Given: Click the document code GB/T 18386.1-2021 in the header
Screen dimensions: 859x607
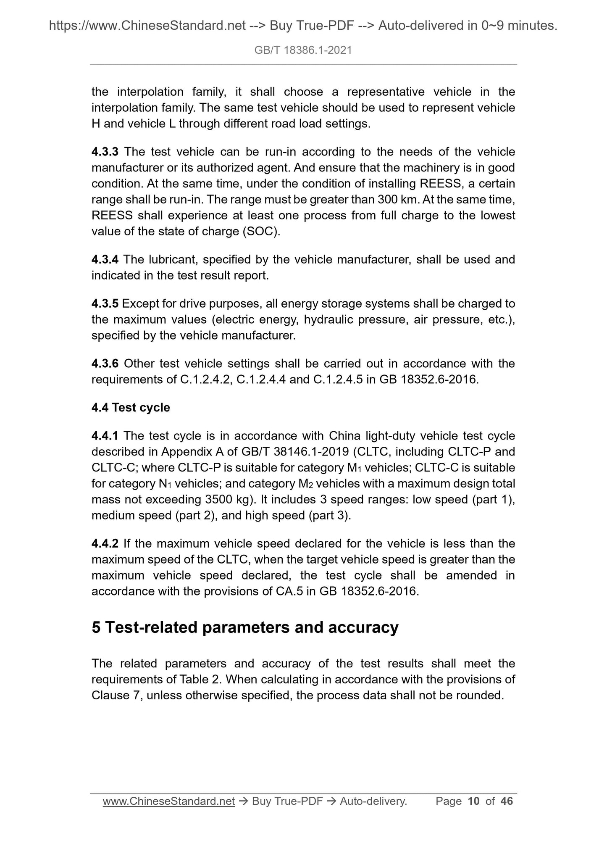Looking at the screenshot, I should (x=303, y=50).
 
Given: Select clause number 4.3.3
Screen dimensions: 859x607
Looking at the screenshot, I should (x=105, y=152).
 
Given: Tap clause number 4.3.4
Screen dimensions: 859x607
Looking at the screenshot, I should (x=105, y=260).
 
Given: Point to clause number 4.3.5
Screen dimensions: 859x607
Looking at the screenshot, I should (x=105, y=304).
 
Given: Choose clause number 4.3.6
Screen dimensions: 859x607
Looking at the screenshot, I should (x=105, y=364).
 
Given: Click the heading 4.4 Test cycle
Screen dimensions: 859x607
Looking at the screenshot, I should (x=131, y=408).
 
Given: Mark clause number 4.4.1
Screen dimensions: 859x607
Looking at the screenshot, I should (x=105, y=436).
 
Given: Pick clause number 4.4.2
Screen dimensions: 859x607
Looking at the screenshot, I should (x=105, y=544).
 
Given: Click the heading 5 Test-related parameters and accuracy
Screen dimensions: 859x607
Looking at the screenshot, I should (x=245, y=627).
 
